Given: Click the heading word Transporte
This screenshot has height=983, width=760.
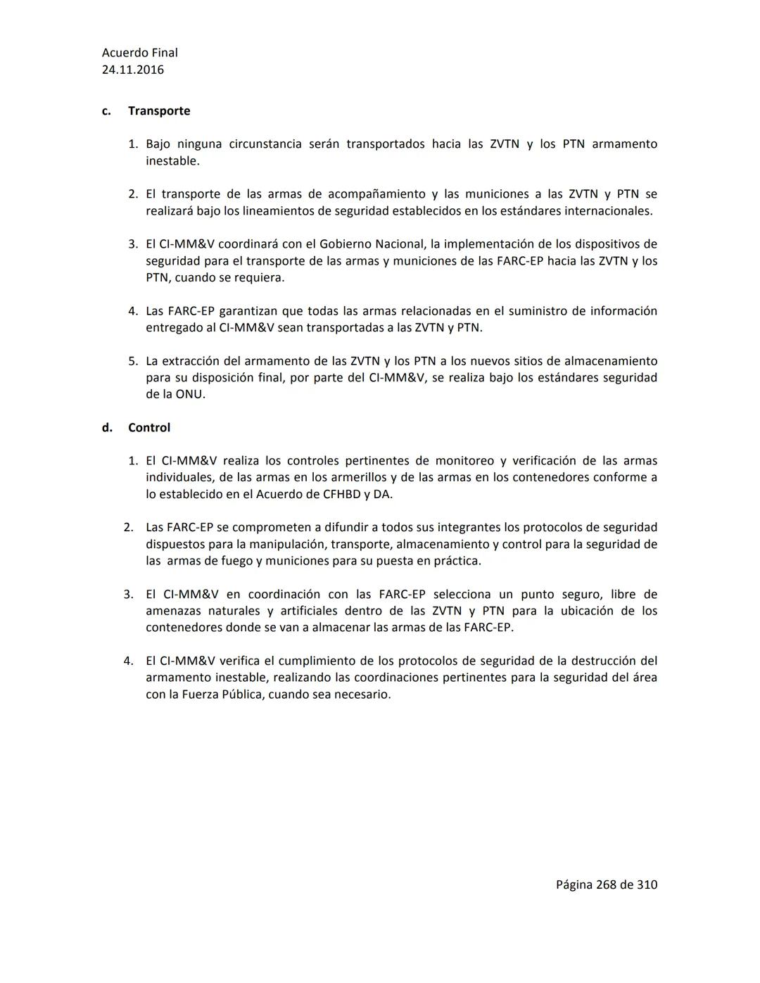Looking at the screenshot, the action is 159,111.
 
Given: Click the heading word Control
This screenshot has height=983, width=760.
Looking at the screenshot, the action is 149,428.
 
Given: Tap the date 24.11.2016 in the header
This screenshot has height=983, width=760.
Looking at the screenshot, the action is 133,70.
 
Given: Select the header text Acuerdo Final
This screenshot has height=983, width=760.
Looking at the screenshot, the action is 140,53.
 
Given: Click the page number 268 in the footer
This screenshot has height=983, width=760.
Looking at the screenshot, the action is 606,884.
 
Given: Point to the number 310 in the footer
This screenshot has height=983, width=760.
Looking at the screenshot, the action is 647,884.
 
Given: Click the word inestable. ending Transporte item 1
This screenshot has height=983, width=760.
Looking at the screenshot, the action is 172,161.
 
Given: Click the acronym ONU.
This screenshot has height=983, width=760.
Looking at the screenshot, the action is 190,395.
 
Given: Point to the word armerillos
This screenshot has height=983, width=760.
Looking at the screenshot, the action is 357,478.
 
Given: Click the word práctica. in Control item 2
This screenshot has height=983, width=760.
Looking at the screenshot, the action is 457,562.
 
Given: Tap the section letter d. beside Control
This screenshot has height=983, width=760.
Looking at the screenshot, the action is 107,428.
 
